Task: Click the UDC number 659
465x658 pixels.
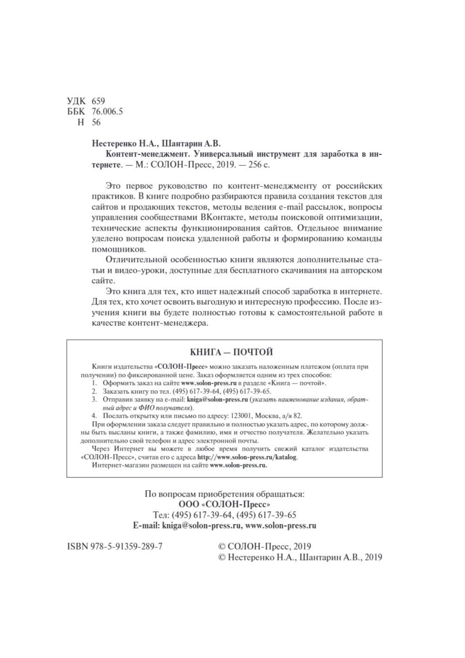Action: tap(98, 101)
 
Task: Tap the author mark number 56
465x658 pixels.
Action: tap(96, 122)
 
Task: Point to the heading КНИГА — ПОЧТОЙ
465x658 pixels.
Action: tap(231, 352)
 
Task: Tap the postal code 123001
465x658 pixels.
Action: tap(242, 416)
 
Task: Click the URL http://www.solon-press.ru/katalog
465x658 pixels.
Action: tap(247, 457)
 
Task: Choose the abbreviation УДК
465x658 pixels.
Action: tap(76, 101)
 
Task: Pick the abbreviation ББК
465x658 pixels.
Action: tap(76, 112)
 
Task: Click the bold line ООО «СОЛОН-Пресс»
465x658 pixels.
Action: tap(224, 504)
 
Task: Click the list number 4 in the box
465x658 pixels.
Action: tap(94, 416)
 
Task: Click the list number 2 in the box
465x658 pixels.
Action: tap(94, 391)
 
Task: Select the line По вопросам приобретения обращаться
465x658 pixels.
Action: tap(225, 494)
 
